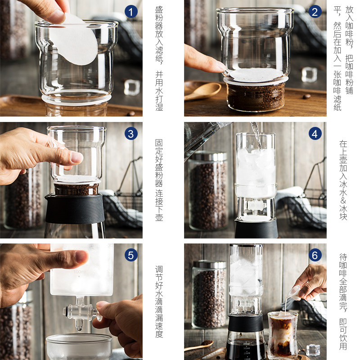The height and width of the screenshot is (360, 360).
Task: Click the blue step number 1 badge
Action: (x=131, y=12)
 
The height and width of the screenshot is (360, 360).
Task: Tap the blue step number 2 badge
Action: (x=315, y=12)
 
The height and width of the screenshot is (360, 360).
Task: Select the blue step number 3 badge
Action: (x=131, y=134)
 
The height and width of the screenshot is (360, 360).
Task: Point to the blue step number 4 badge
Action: (x=315, y=134)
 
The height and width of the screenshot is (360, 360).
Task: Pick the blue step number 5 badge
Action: (x=131, y=255)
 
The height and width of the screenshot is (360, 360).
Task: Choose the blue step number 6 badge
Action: (x=315, y=255)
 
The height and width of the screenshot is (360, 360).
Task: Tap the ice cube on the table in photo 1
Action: (x=132, y=87)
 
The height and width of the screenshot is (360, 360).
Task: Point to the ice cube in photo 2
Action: (x=309, y=74)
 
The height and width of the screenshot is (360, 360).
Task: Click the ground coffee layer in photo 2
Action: (x=256, y=96)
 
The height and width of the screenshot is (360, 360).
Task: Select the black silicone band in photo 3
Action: (x=74, y=209)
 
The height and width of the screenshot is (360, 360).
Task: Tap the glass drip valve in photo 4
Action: (x=256, y=206)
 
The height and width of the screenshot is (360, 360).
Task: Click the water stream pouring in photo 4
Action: (x=256, y=135)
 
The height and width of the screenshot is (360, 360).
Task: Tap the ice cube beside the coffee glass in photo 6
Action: (x=313, y=350)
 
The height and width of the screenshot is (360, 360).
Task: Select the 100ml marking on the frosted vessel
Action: (x=79, y=272)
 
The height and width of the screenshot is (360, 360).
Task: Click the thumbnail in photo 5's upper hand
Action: (x=81, y=256)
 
